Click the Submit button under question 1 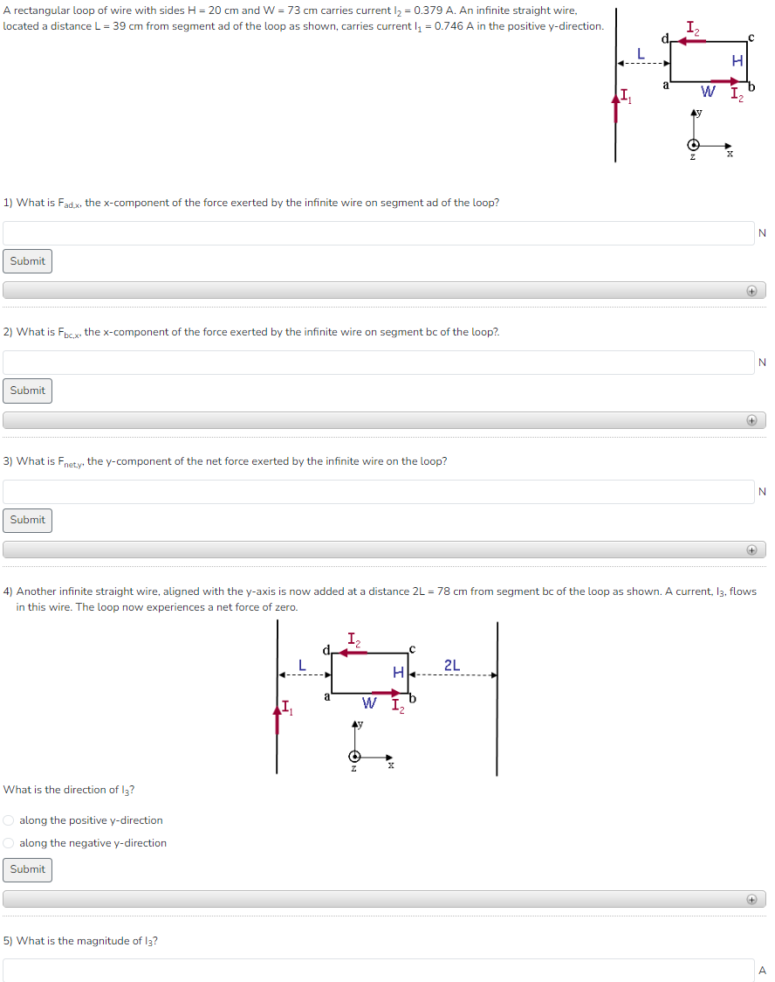[x=27, y=261]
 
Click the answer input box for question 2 [x=378, y=363]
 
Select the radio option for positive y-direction [x=9, y=820]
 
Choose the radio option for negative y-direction [x=9, y=843]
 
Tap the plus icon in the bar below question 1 [x=751, y=291]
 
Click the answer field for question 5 [x=378, y=970]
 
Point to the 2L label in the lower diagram [x=452, y=666]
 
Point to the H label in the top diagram [x=737, y=61]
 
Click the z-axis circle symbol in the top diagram [x=694, y=145]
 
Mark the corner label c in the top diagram [x=751, y=38]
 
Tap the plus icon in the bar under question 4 [x=751, y=899]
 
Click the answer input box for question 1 [x=378, y=233]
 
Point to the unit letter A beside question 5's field [x=762, y=970]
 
